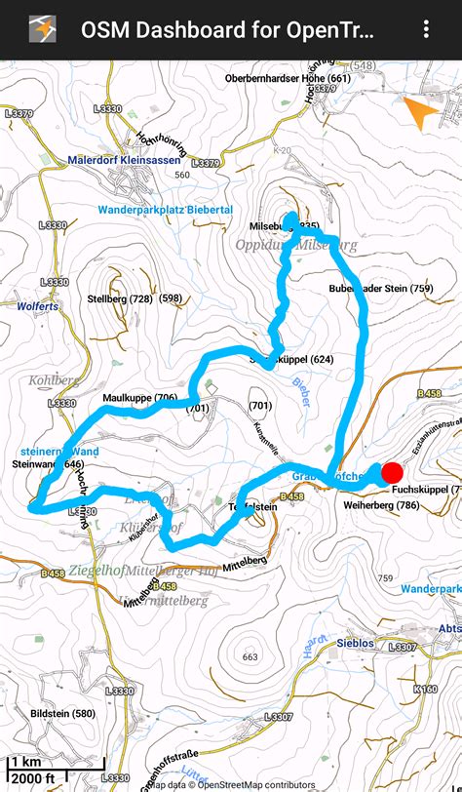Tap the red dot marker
pyautogui.click(x=392, y=474)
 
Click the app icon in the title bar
pyautogui.click(x=42, y=29)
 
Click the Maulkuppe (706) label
pyautogui.click(x=139, y=398)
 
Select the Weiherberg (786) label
pyautogui.click(x=381, y=505)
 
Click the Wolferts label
pyautogui.click(x=39, y=305)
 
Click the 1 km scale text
pyautogui.click(x=26, y=762)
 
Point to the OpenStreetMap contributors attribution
pyautogui.click(x=254, y=783)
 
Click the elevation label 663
pyautogui.click(x=250, y=657)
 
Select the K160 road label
pyautogui.click(x=425, y=690)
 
